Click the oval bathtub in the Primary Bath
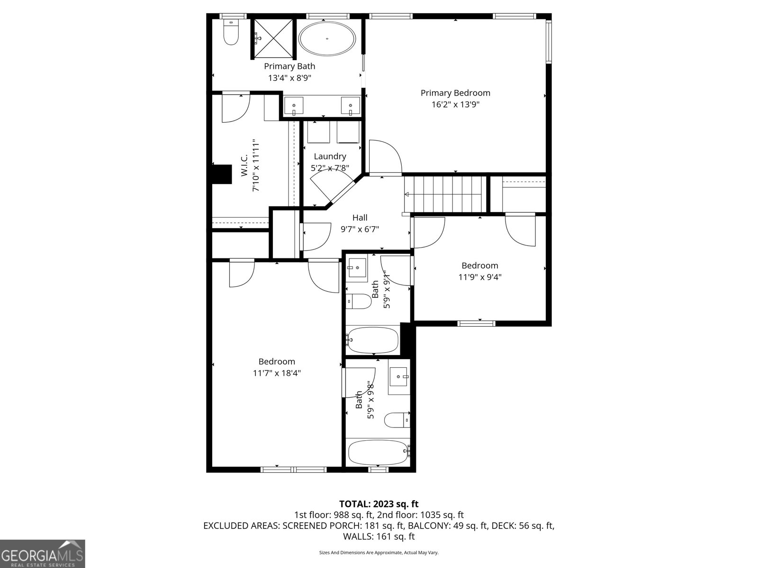(x=327, y=39)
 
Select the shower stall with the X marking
(x=273, y=38)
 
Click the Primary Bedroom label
(x=455, y=93)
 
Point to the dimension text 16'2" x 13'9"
(x=455, y=105)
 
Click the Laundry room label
(x=330, y=156)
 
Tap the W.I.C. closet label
(x=244, y=166)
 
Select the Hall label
(x=360, y=218)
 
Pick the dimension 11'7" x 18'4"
(x=277, y=373)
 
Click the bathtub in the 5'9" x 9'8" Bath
(x=378, y=453)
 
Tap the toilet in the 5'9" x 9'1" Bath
(x=358, y=302)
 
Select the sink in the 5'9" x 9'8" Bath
(x=399, y=377)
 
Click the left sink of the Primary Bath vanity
(x=295, y=106)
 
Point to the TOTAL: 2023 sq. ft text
(x=379, y=504)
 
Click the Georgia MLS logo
(x=43, y=553)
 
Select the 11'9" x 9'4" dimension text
(x=479, y=277)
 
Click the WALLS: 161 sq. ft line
(x=379, y=536)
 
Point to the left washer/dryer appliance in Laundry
(x=318, y=132)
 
